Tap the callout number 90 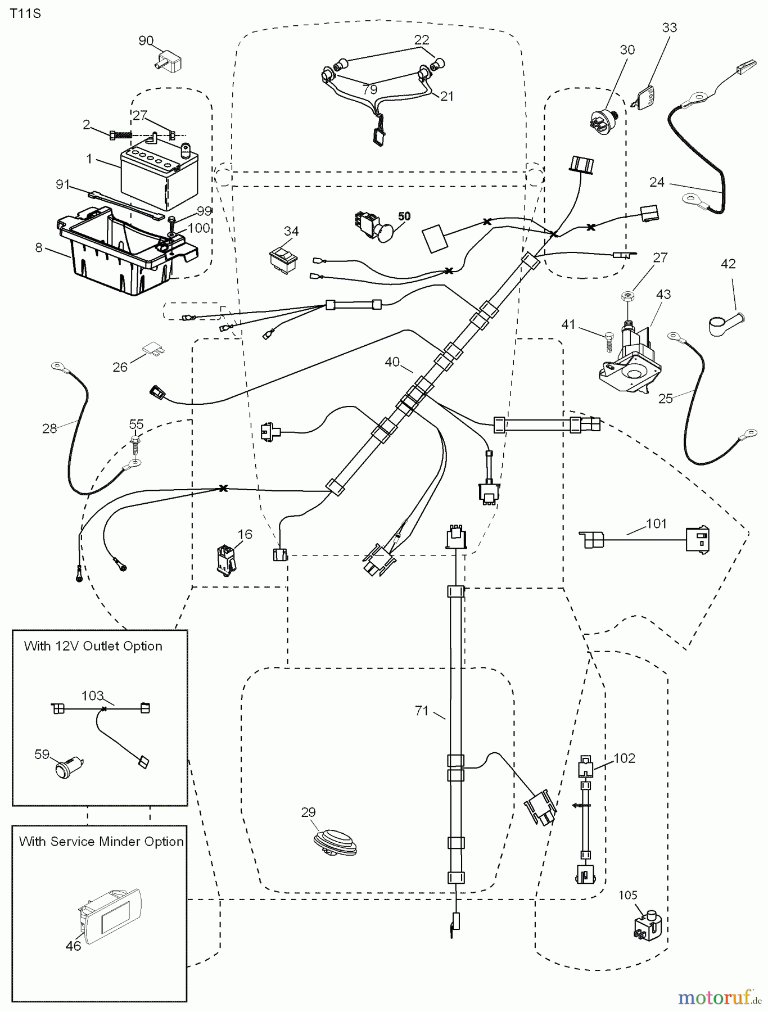146,40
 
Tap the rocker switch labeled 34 284,261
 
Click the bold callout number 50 404,216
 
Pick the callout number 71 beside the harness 422,711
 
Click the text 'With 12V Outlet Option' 93,646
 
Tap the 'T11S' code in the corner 25,14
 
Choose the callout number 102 624,758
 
